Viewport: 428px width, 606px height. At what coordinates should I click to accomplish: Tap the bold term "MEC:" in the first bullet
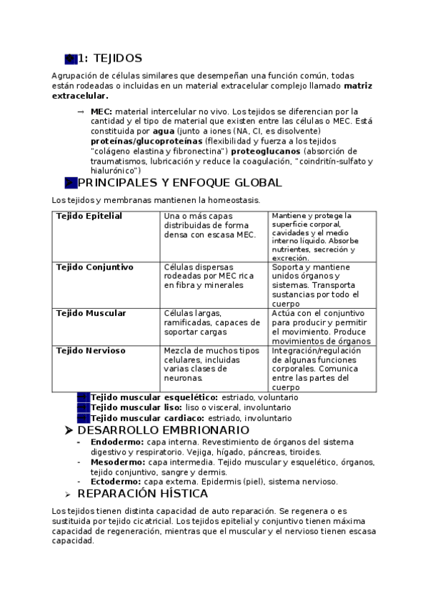(101, 112)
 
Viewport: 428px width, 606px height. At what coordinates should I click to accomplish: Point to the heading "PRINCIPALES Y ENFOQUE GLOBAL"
(179, 183)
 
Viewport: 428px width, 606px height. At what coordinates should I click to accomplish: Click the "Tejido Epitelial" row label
(89, 216)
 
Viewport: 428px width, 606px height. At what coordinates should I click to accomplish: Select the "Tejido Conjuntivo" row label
(94, 267)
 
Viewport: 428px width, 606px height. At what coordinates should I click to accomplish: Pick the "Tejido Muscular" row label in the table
(91, 313)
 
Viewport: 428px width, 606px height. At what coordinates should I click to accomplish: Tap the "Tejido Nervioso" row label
(91, 350)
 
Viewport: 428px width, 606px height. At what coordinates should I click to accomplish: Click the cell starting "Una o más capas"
(210, 225)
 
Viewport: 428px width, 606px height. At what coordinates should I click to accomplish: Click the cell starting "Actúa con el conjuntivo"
(323, 327)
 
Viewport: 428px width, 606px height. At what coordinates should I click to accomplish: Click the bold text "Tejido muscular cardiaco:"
(147, 418)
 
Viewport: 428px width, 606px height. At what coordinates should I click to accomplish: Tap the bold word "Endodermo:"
(113, 442)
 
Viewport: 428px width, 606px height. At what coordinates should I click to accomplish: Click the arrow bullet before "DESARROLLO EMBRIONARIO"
(69, 430)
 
